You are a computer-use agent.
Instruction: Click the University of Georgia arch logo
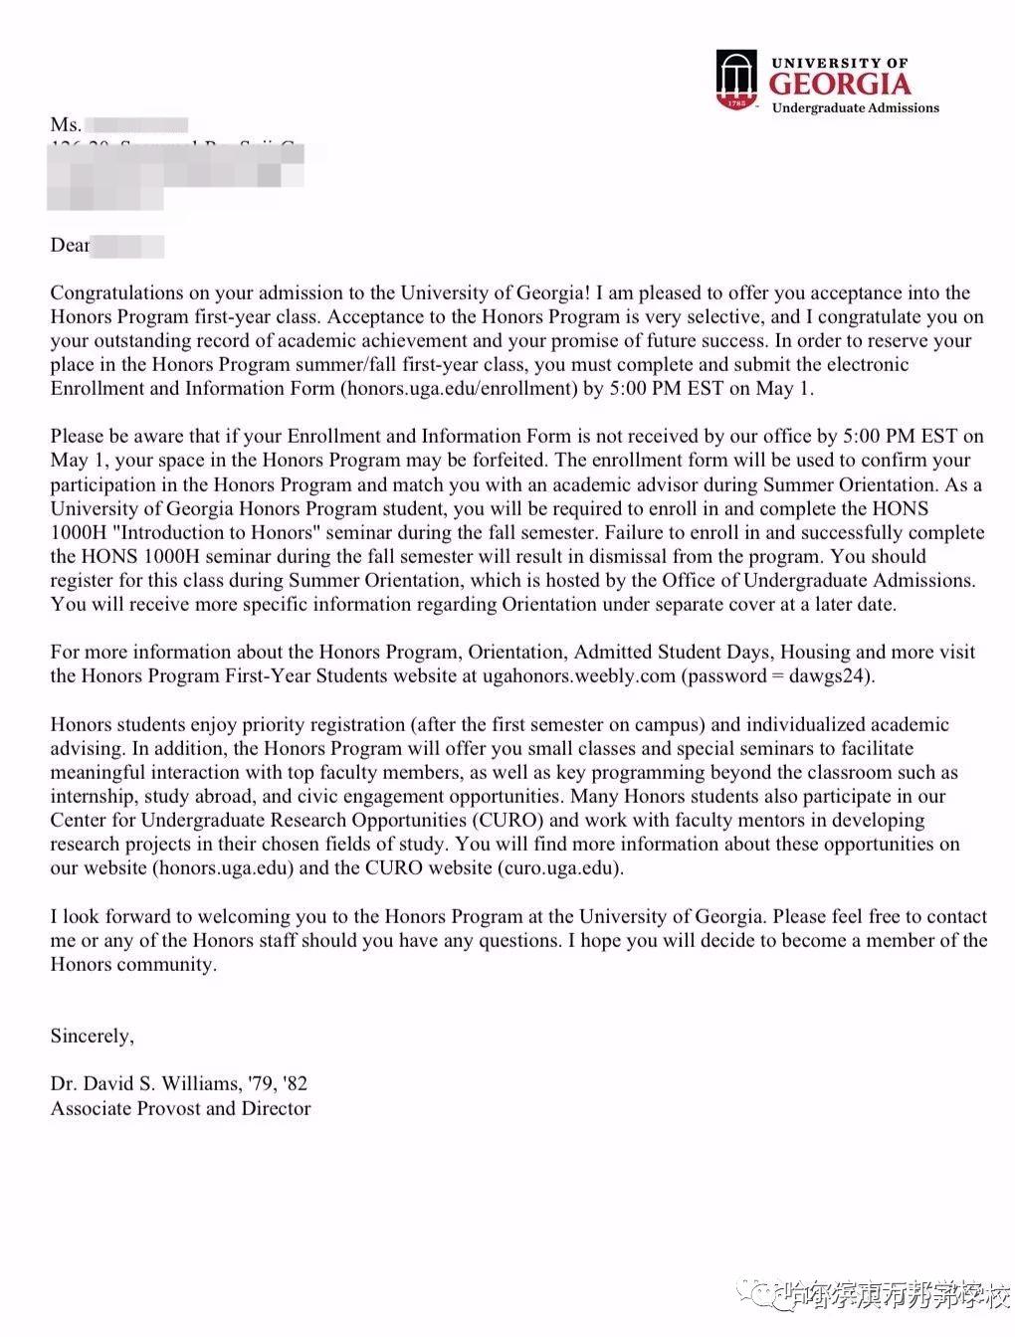pos(736,81)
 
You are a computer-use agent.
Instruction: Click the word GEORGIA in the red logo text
pos(840,84)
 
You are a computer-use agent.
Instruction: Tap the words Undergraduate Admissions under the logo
pos(855,108)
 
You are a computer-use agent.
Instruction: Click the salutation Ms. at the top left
pos(65,125)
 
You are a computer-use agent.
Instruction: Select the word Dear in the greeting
pos(70,246)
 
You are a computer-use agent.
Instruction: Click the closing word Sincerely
pos(92,1037)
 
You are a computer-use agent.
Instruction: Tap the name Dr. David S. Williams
pos(145,1084)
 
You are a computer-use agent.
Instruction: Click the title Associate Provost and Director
pos(180,1108)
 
